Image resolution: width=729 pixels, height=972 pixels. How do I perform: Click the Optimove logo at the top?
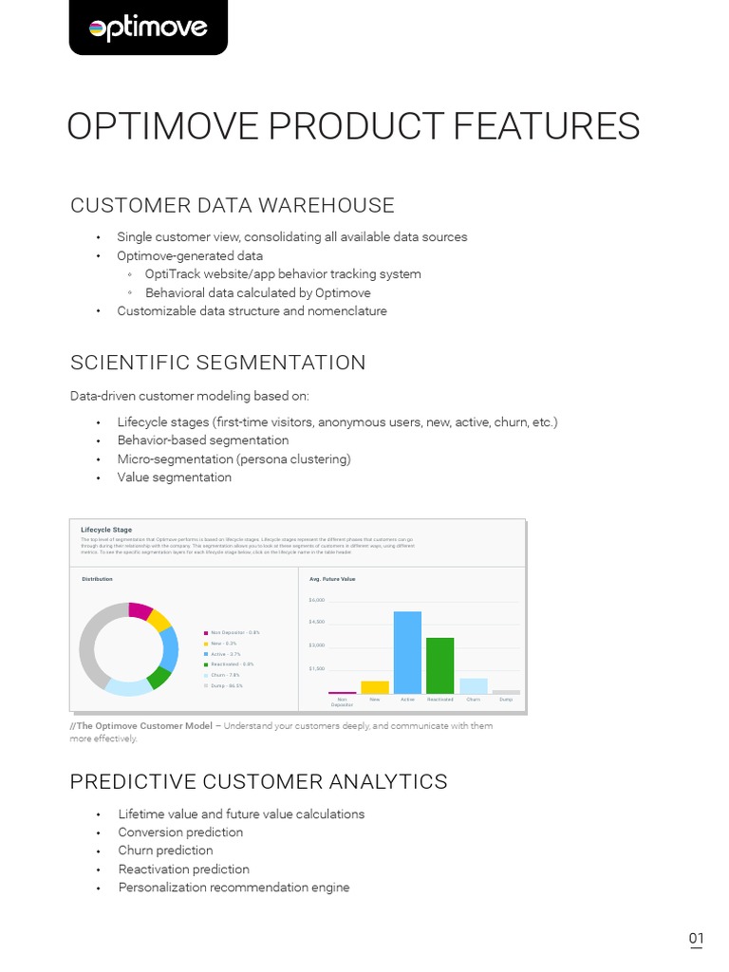[x=148, y=28]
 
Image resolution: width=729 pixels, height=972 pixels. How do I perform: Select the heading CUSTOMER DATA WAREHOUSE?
[x=233, y=206]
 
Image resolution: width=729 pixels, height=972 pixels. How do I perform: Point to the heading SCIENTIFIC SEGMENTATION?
[x=217, y=363]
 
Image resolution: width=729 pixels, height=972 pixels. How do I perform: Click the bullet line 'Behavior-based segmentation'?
[x=203, y=440]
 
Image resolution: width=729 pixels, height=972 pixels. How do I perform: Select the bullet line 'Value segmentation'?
[x=175, y=477]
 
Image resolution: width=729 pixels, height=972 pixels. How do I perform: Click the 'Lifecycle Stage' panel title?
[x=106, y=530]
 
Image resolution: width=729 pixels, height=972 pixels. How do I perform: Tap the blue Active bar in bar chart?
[x=407, y=653]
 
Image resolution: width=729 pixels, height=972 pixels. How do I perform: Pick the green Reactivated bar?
[x=439, y=665]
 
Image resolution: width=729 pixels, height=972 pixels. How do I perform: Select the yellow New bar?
[x=375, y=687]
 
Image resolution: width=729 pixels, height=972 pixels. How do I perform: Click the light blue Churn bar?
[x=473, y=685]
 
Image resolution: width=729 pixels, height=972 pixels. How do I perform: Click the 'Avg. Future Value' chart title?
[x=332, y=578]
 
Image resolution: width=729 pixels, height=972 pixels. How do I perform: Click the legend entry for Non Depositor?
[x=234, y=632]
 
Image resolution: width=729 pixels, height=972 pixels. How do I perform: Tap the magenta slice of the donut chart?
[x=140, y=610]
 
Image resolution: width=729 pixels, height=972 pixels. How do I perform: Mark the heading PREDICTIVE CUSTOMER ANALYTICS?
[x=258, y=781]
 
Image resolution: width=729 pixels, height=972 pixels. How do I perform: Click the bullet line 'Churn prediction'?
[x=165, y=850]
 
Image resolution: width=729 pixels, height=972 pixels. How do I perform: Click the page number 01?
[x=696, y=940]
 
